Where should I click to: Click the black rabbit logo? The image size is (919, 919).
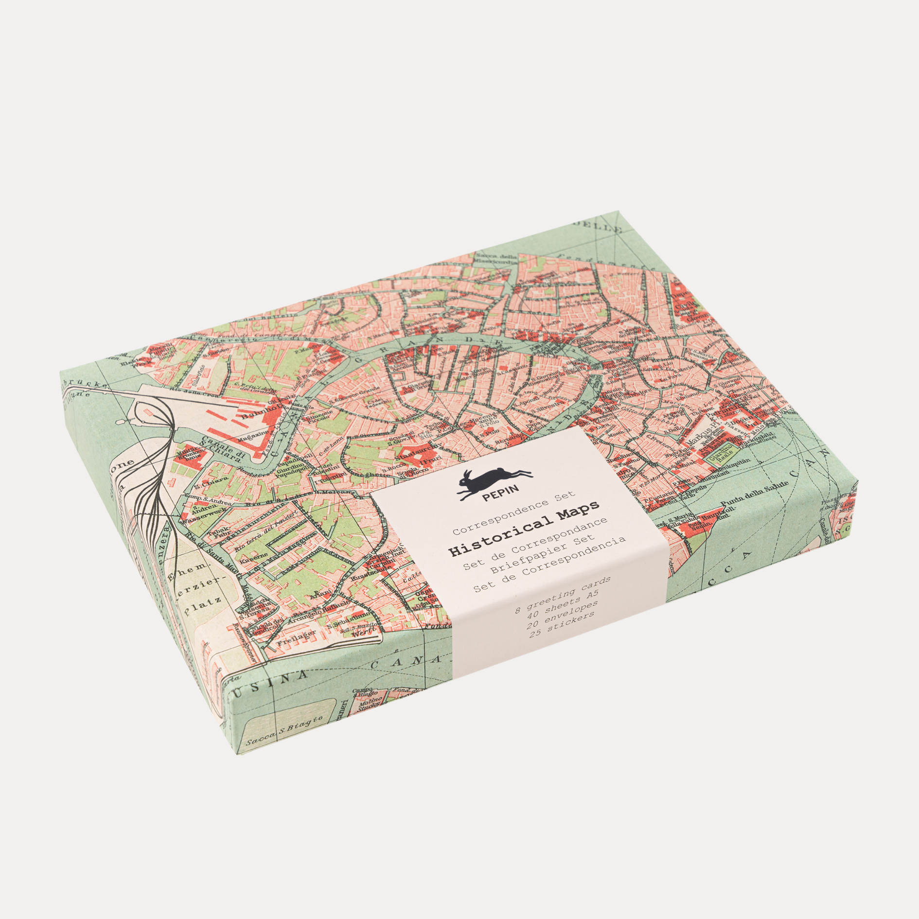click(x=494, y=482)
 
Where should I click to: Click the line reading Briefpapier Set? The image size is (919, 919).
click(x=543, y=555)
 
